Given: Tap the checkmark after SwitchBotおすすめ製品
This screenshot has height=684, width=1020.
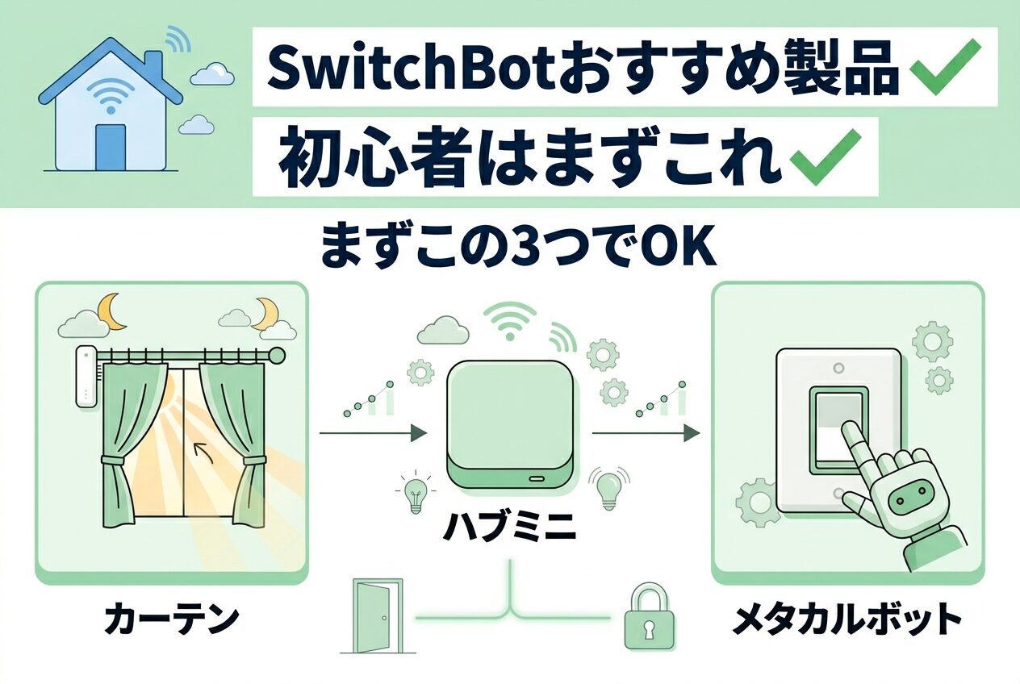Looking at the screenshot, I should (945, 66).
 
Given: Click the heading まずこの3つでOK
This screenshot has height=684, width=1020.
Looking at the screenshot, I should (518, 248).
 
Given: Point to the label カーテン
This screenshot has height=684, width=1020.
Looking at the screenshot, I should (171, 620).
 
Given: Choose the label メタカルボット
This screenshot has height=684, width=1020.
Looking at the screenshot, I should (847, 620).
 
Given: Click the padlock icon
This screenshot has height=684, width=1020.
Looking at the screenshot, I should (649, 619).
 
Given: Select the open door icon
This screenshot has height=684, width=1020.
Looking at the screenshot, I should (372, 616).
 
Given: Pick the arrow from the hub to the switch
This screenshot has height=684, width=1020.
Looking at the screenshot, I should (646, 434).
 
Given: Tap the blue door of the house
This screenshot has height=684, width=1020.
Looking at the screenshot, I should (111, 147).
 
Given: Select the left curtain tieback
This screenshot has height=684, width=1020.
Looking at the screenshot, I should (114, 461).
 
